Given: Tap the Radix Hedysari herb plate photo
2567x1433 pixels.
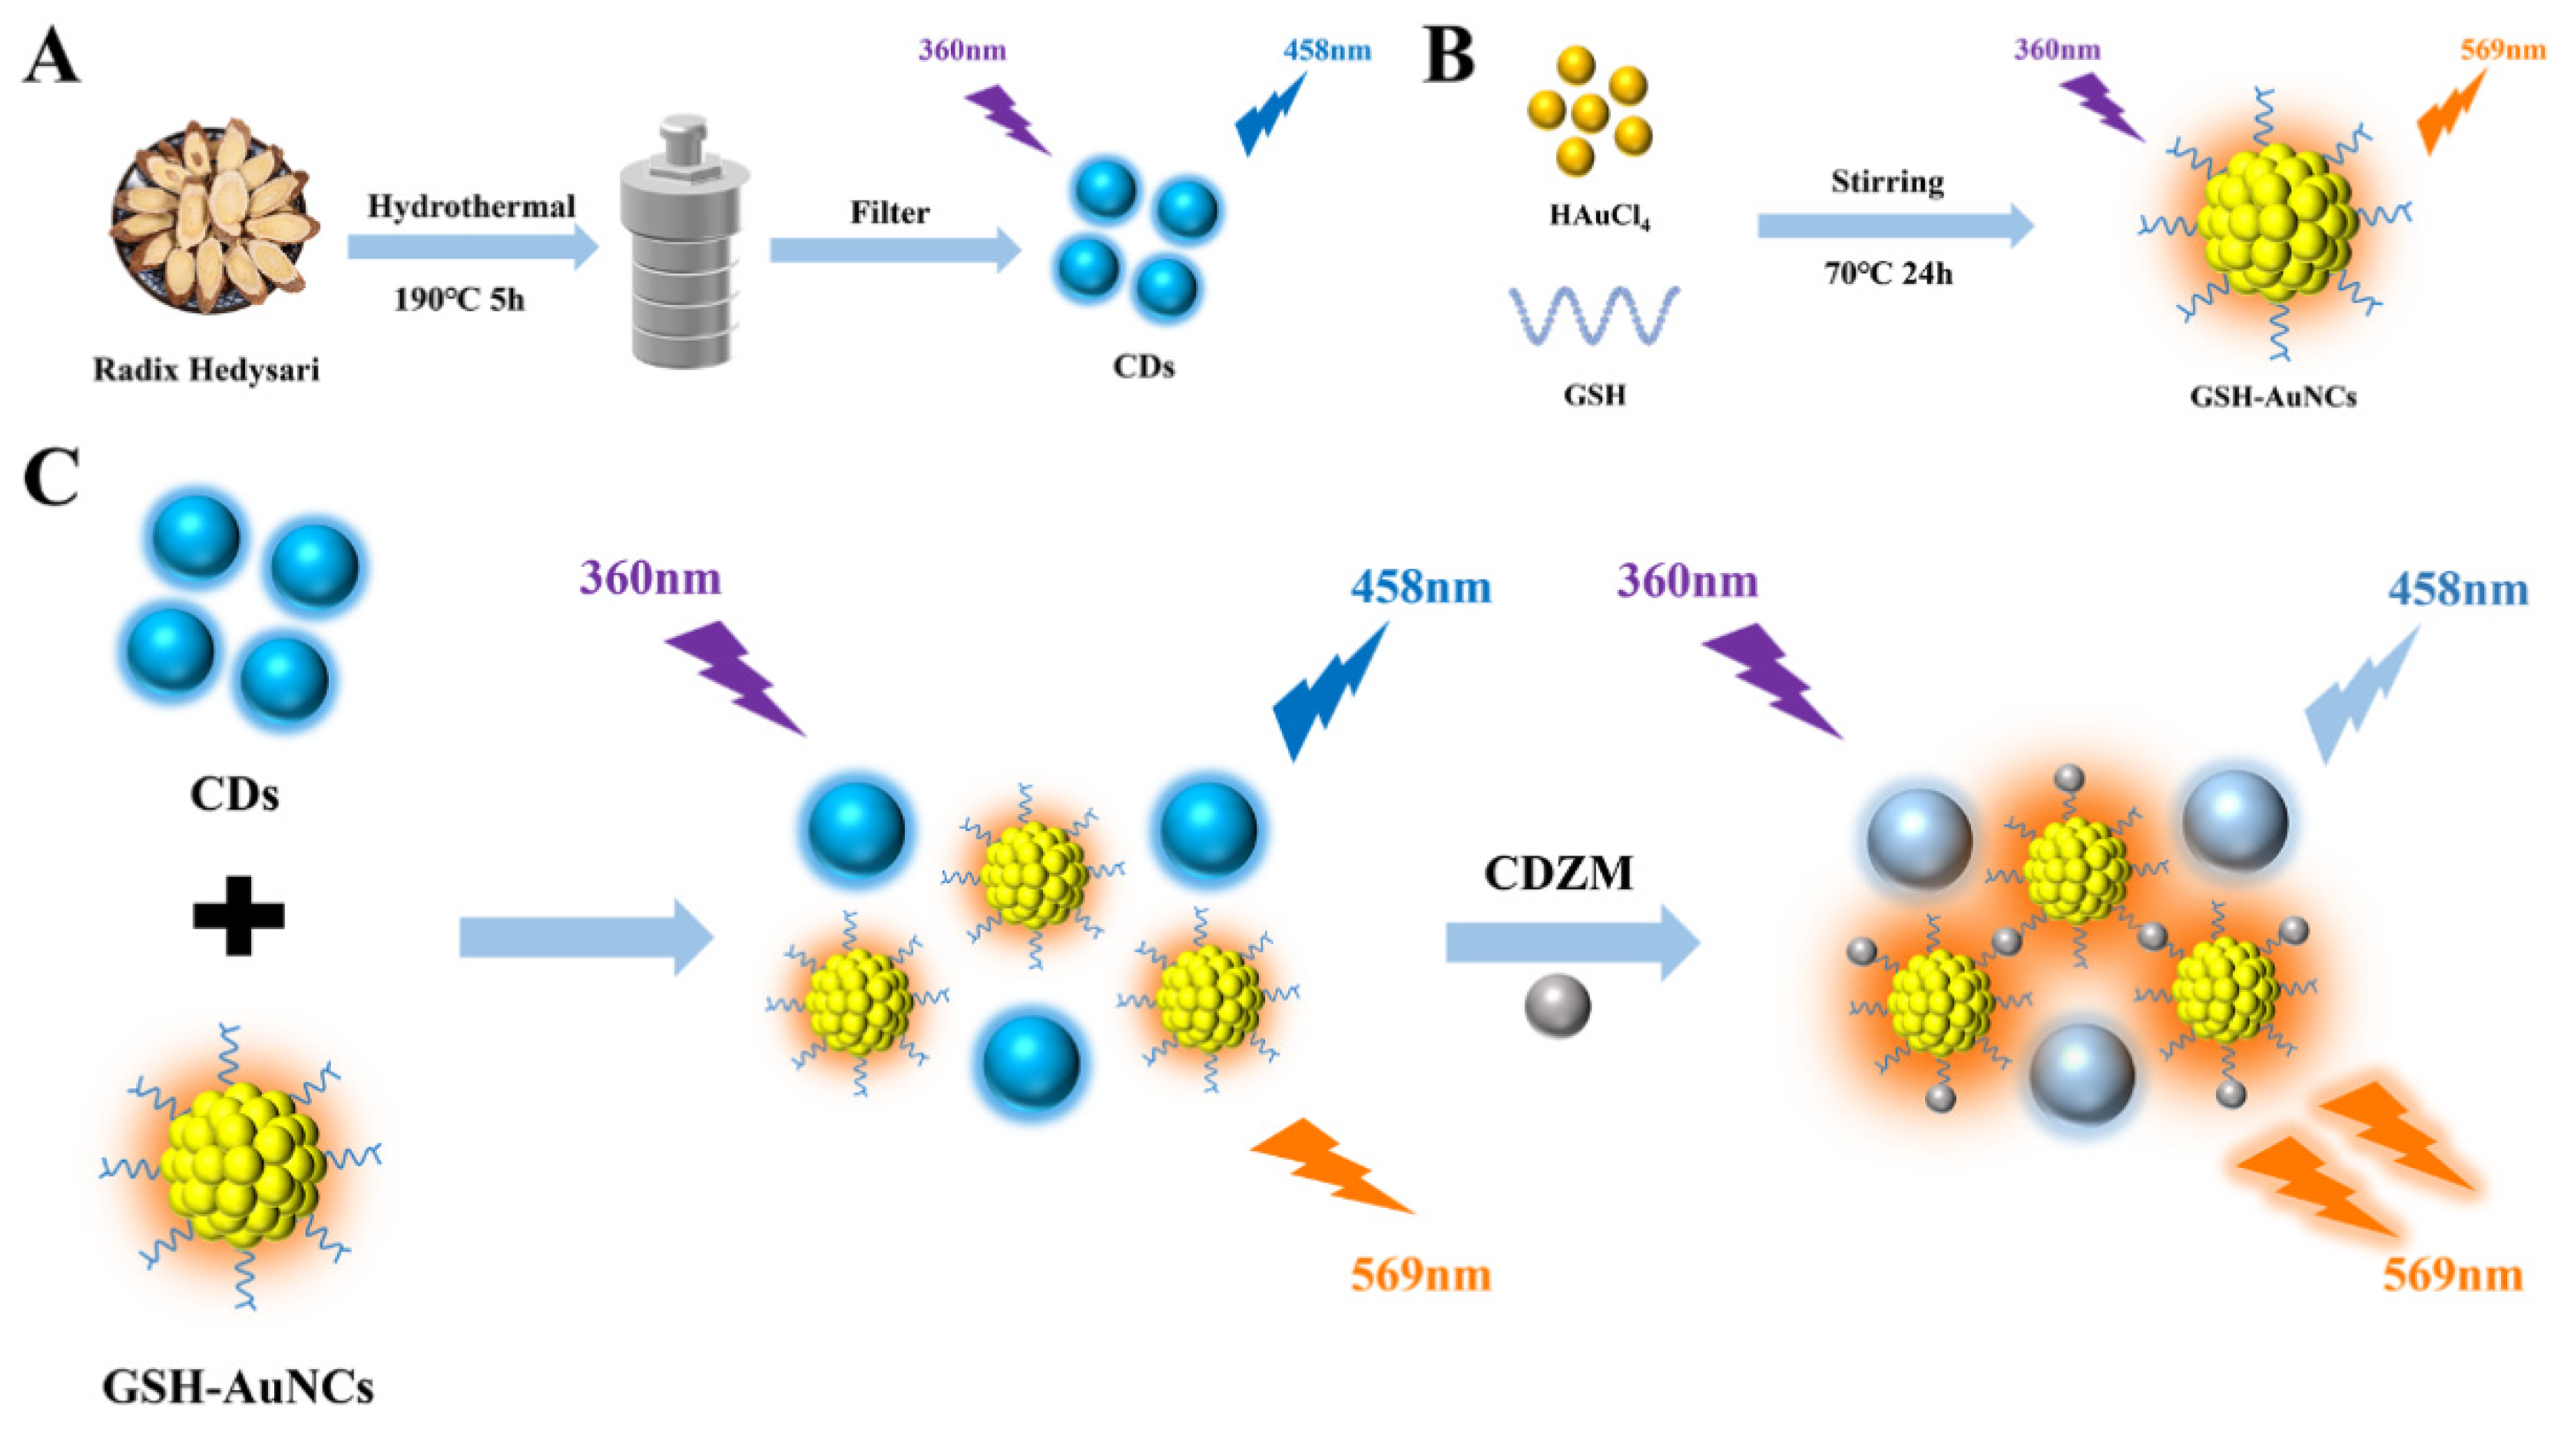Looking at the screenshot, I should pos(214,215).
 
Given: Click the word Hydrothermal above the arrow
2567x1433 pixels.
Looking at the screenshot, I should pos(472,207).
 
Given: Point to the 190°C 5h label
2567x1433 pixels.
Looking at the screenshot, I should pos(459,298).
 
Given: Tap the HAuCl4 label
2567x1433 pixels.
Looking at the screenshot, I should pos(1598,215).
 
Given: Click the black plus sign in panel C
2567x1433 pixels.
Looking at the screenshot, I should pos(238,915).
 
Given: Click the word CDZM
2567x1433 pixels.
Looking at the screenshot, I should pos(1558,874).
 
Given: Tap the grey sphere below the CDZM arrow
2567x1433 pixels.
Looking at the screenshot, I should pos(1558,1008).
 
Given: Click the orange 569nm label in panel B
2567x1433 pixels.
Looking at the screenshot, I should pos(2502,50).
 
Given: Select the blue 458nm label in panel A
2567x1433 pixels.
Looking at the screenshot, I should pos(1327,50).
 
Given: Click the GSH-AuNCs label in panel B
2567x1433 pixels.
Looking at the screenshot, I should pos(2273,396).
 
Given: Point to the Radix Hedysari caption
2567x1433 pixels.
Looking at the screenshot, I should pos(207,371).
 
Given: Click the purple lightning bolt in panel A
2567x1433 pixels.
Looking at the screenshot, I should pos(1008,118).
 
